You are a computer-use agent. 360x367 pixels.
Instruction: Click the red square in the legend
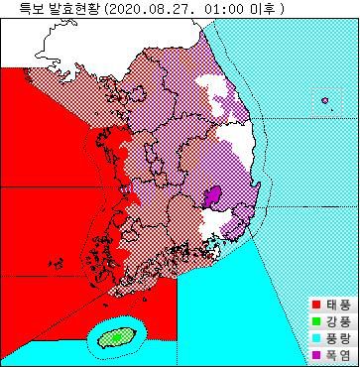[x=316, y=304]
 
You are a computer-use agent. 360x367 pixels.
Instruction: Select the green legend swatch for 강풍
[x=316, y=319]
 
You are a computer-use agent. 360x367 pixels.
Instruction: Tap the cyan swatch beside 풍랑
[x=316, y=336]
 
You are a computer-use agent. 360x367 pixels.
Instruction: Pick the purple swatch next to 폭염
[x=316, y=352]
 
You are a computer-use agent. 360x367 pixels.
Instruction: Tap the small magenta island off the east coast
[x=324, y=98]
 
